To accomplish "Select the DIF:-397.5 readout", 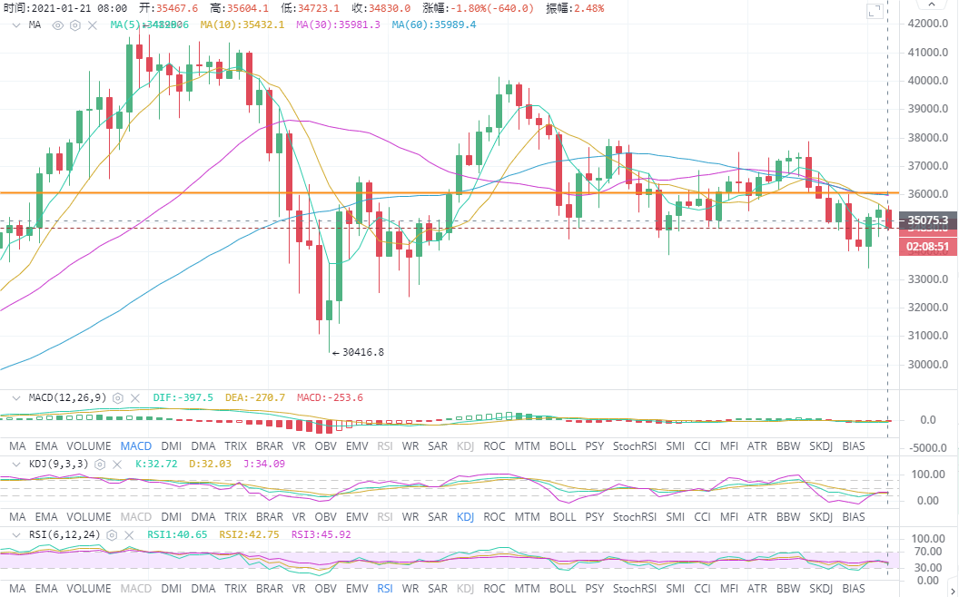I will (x=184, y=397).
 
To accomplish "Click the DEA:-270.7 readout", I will (x=256, y=397).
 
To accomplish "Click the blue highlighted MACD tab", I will (x=135, y=445).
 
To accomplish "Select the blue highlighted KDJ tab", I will (x=465, y=517).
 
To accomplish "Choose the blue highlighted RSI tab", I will (x=385, y=588).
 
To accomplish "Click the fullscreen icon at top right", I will (x=875, y=12).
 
